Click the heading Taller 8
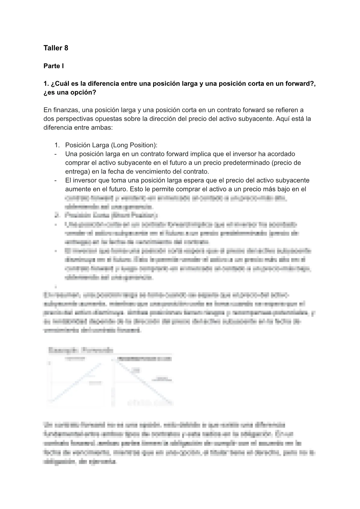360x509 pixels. pyautogui.click(x=56, y=48)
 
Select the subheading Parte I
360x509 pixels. pyautogui.click(x=53, y=66)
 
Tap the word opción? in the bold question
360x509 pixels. pyautogui.click(x=81, y=92)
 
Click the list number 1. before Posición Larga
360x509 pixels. pyautogui.click(x=57, y=145)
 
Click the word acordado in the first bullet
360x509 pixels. pyautogui.click(x=282, y=154)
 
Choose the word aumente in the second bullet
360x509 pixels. pyautogui.click(x=76, y=189)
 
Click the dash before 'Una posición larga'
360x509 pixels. pyautogui.click(x=56, y=154)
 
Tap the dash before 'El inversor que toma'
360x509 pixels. pyautogui.click(x=56, y=180)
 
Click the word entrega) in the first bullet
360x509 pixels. pyautogui.click(x=76, y=171)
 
